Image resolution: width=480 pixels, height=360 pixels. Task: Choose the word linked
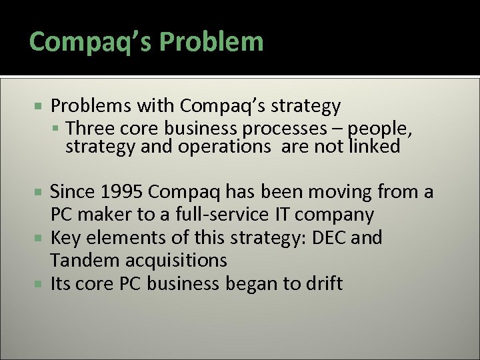point(375,146)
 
